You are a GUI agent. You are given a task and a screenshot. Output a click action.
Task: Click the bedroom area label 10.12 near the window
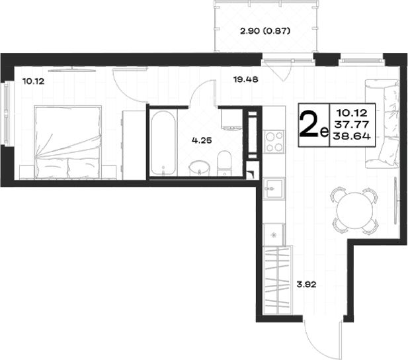34,81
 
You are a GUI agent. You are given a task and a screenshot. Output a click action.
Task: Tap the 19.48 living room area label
246,79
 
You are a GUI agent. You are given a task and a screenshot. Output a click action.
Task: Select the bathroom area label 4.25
202,141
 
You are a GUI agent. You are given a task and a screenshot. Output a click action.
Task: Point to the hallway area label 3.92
307,285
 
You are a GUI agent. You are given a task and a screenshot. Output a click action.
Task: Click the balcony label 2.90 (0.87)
265,32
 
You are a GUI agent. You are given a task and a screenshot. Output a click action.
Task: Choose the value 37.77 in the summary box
352,125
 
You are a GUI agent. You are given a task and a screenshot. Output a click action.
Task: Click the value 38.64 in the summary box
352,136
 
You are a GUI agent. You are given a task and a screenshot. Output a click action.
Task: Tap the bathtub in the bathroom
163,143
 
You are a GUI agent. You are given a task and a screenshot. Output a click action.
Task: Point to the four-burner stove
274,142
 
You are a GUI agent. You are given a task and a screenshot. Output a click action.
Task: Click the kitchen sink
274,189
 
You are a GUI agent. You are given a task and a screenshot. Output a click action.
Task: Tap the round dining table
354,209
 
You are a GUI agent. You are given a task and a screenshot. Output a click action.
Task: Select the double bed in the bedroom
67,142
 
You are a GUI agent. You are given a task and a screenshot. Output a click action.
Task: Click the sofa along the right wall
382,124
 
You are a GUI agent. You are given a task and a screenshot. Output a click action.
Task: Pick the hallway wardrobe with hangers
278,280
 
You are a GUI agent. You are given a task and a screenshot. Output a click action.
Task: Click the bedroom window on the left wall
6,113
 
